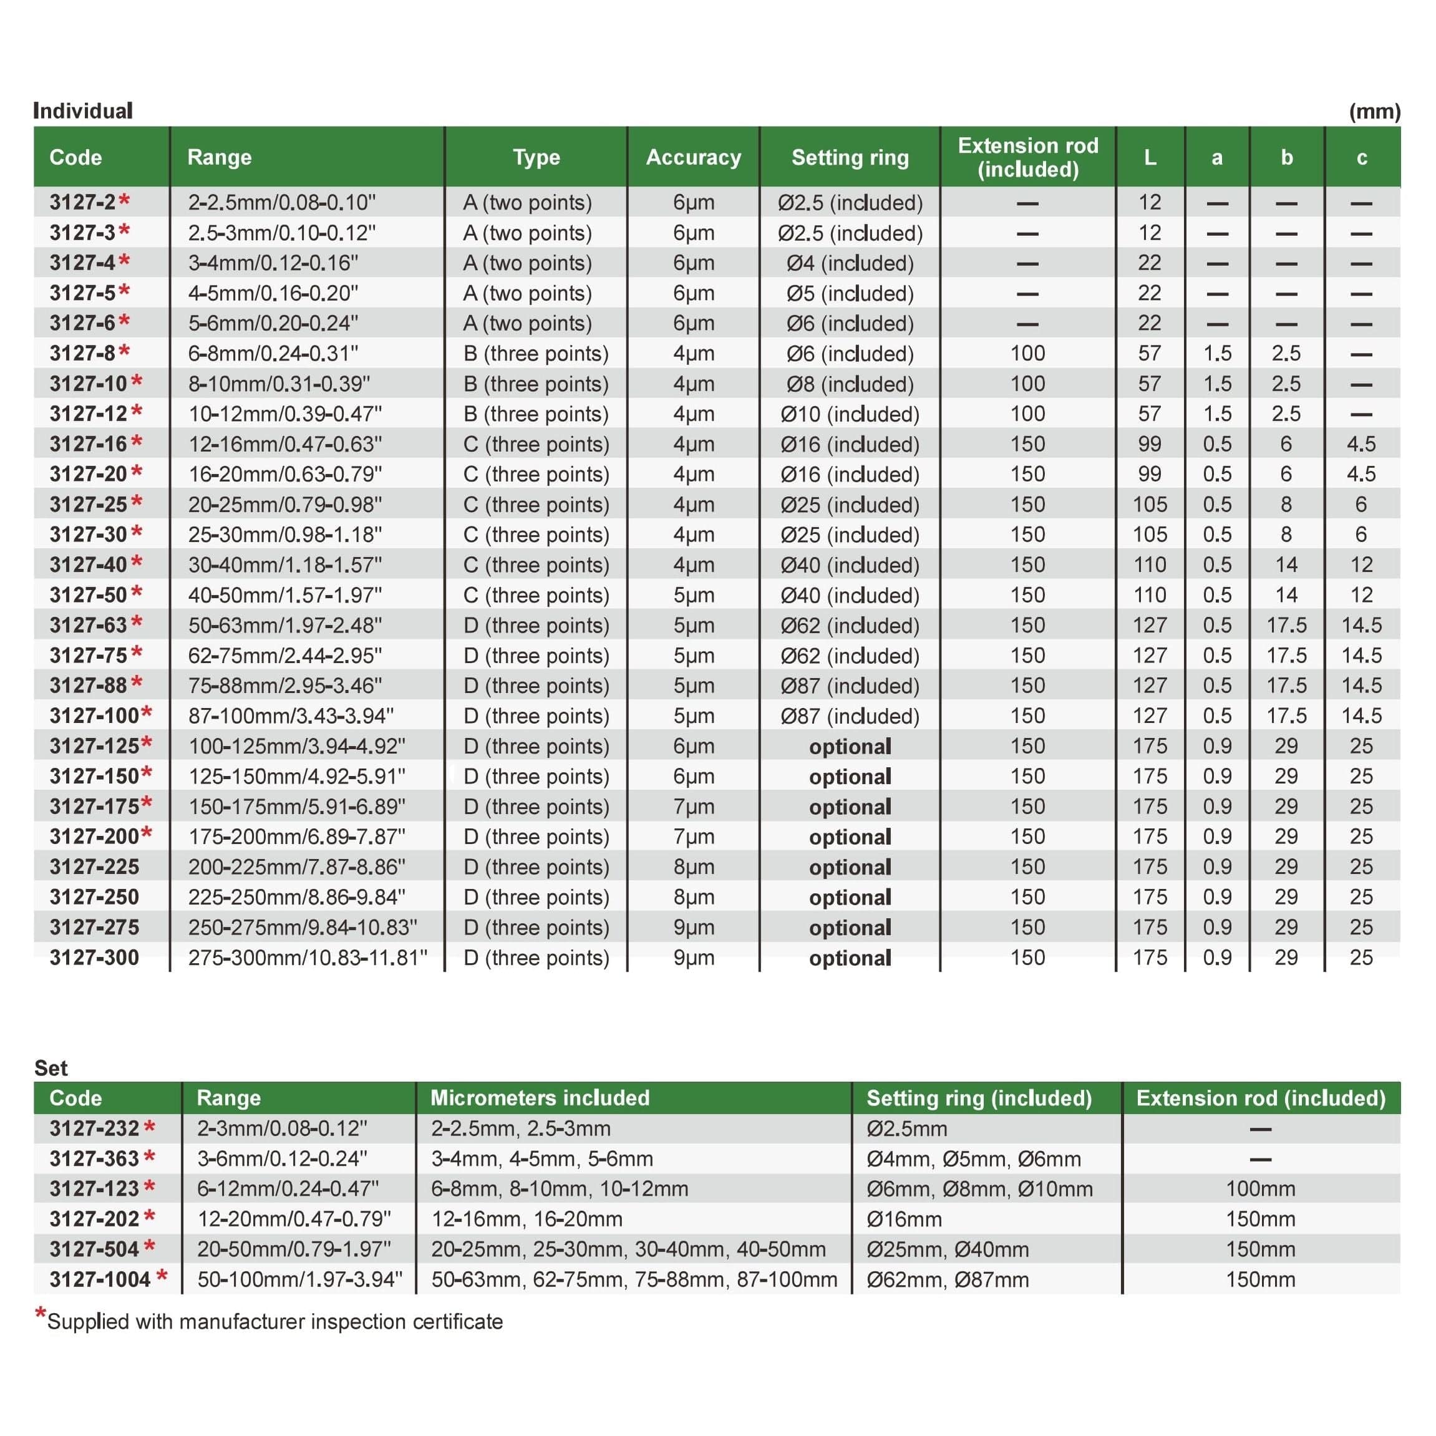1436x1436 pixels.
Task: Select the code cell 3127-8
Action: click(82, 353)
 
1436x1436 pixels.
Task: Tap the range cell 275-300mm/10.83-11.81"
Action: click(307, 958)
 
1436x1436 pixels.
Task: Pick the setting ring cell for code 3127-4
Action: click(850, 263)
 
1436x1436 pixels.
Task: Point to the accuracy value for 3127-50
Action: click(692, 594)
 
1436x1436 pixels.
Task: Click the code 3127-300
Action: click(94, 958)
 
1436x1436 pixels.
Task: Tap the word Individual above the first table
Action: click(82, 111)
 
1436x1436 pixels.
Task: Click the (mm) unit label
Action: click(1374, 112)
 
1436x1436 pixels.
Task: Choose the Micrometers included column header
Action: click(540, 1098)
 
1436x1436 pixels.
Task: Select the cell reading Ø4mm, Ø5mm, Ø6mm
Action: click(973, 1159)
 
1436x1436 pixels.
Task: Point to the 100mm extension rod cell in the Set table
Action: click(1260, 1188)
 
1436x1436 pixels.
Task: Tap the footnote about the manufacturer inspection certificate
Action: click(273, 1322)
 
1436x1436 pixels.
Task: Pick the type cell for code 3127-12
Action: click(535, 414)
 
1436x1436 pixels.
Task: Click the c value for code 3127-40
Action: click(1361, 565)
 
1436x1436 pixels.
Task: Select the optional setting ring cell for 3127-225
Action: click(850, 866)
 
